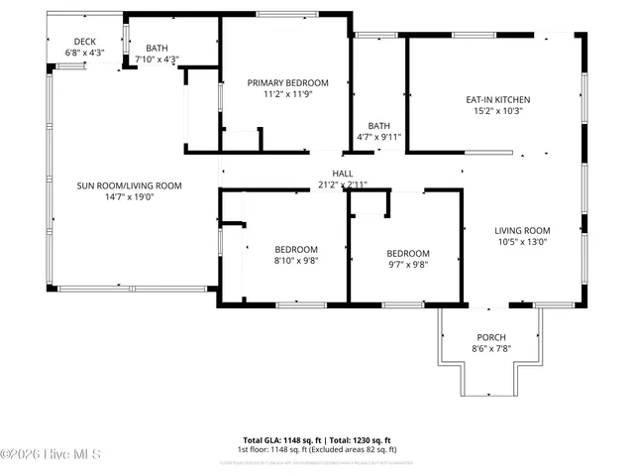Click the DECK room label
[x=84, y=41]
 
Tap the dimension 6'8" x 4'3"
[x=84, y=52]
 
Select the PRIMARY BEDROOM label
[x=287, y=83]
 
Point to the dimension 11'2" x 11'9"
[x=287, y=95]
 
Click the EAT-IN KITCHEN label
[x=498, y=100]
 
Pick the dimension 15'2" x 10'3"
[x=498, y=111]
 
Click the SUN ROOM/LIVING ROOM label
[x=130, y=185]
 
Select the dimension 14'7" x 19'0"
[x=130, y=196]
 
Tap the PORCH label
[x=491, y=337]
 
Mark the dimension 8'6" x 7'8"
[x=491, y=349]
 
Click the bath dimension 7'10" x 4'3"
[x=157, y=59]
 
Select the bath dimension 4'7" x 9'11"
[x=379, y=137]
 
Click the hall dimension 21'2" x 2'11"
[x=343, y=184]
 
